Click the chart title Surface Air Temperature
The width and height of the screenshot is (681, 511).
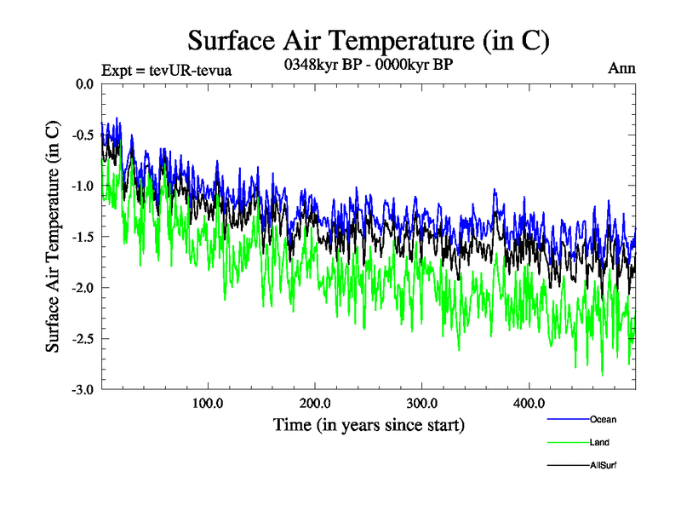pos(369,40)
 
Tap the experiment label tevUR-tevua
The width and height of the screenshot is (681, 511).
pos(166,71)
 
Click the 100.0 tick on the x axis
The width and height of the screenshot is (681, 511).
pos(209,403)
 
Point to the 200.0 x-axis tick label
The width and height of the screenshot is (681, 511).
pos(315,403)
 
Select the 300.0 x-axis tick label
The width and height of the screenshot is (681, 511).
pos(422,403)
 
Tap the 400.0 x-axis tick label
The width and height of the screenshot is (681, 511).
pos(529,403)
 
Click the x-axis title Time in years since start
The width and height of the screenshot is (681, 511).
pos(369,424)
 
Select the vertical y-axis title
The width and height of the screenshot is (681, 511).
pos(53,237)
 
